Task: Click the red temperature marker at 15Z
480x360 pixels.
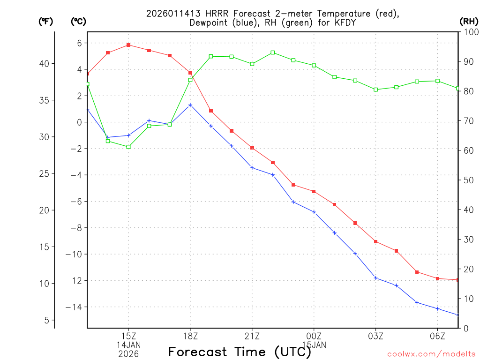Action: [128, 45]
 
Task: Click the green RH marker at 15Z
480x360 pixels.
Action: [128, 147]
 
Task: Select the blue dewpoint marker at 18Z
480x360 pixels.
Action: [190, 105]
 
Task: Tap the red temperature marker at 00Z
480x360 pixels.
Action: [314, 191]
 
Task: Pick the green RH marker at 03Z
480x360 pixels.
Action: [375, 90]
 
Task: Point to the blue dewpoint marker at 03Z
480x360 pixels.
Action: [375, 278]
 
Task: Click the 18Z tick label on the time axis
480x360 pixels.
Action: [190, 336]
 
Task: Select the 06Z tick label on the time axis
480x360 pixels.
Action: [437, 336]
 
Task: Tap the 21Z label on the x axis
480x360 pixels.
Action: [252, 336]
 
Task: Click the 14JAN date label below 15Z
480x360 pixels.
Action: [128, 345]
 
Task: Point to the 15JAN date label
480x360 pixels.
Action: [314, 345]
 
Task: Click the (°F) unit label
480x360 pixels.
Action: [45, 22]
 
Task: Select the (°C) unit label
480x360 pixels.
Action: [78, 22]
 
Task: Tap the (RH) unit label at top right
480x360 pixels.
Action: [468, 22]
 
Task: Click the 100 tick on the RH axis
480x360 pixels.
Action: [468, 32]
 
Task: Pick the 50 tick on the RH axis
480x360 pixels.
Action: [466, 180]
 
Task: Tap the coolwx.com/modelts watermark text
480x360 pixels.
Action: [431, 354]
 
